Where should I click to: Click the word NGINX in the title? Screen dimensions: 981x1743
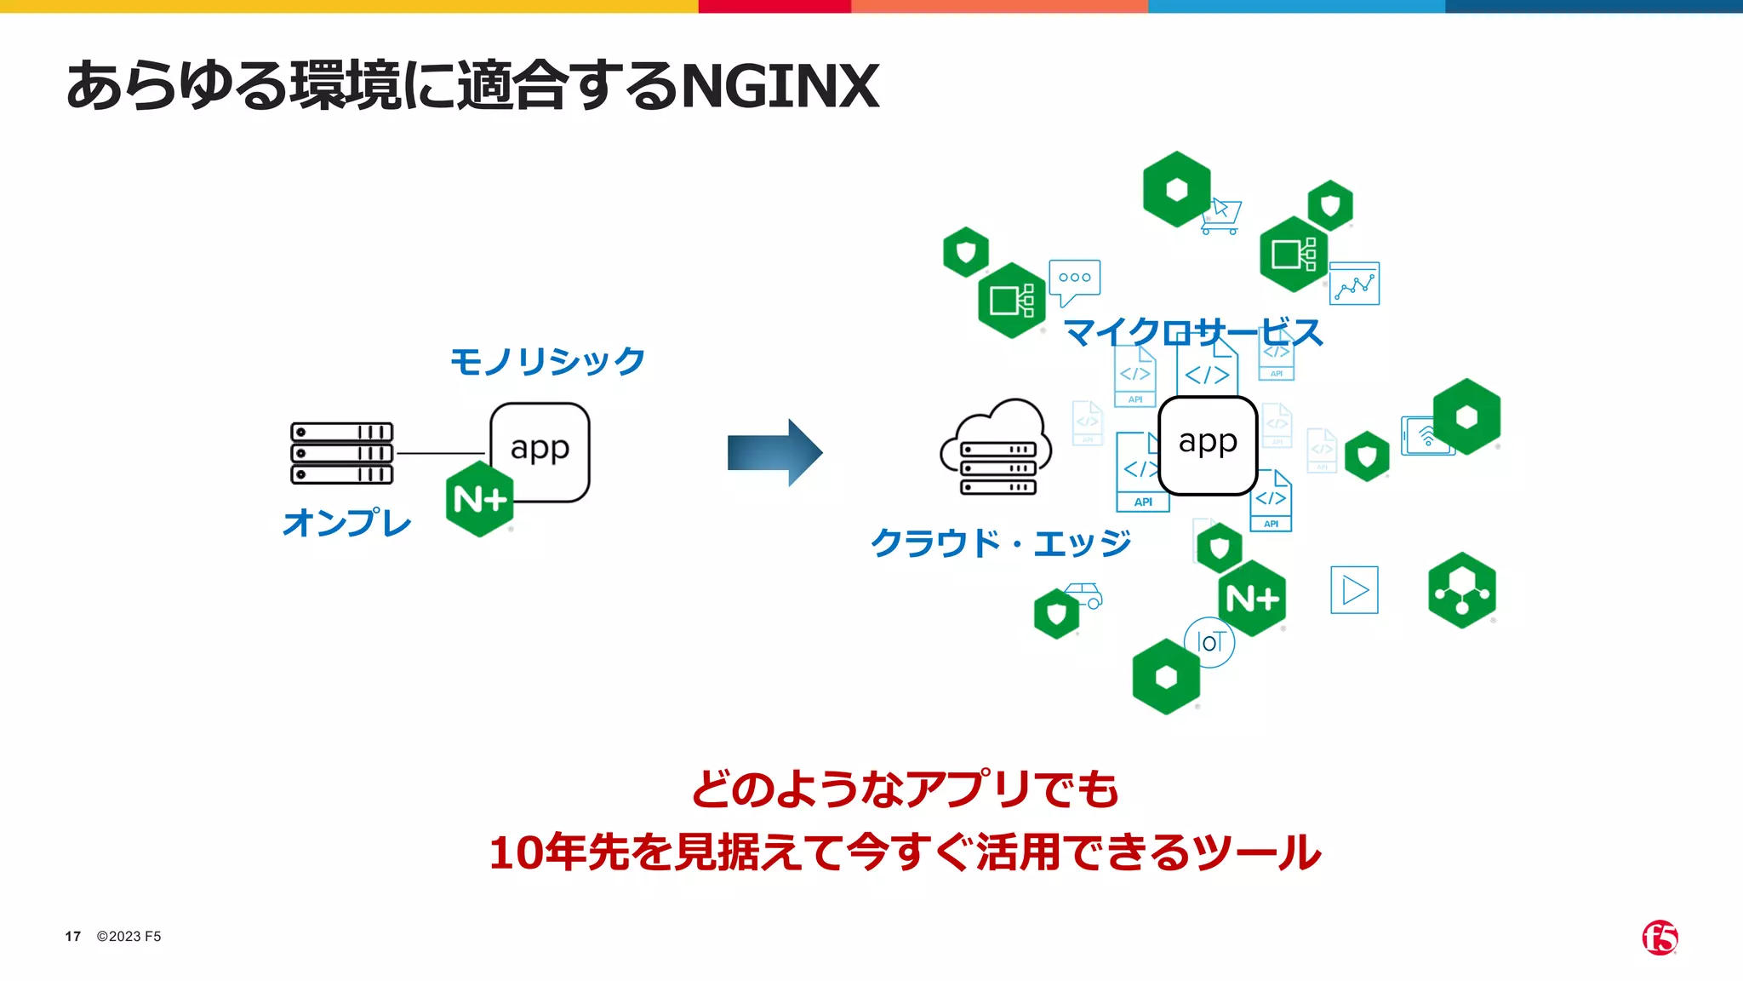780,86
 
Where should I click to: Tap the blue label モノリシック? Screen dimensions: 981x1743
547,361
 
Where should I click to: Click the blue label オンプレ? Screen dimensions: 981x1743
346,522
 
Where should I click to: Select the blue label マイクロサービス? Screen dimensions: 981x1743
1193,332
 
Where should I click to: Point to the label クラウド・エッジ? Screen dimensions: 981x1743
1001,542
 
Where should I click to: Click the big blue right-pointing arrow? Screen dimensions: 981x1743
774,452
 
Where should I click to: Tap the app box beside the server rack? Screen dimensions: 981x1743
540,449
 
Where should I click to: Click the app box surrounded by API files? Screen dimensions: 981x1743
1208,444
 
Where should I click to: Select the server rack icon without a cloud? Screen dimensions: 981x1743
342,453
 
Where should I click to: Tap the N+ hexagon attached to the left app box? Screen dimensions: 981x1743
480,499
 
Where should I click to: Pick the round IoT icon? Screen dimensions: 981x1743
1209,642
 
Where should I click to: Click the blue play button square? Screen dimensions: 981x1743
1354,590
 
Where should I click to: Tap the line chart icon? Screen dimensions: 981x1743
1354,284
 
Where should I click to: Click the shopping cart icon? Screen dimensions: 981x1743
1222,216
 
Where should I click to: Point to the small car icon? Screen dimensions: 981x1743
1084,594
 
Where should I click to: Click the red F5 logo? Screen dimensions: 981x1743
1660,938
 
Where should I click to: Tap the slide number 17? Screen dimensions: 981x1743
73,937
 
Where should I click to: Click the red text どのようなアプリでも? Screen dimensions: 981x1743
905,789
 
